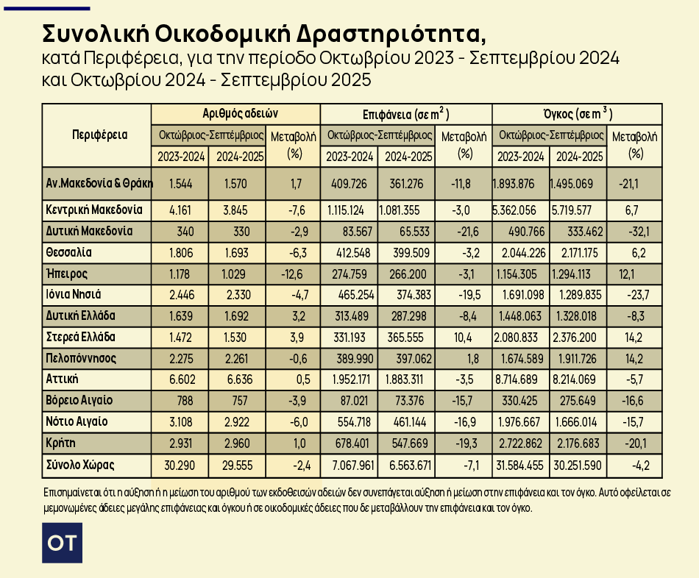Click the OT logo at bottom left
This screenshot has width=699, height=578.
click(x=62, y=543)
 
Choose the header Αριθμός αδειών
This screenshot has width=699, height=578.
click(x=236, y=114)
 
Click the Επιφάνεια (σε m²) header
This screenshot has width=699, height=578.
click(x=405, y=114)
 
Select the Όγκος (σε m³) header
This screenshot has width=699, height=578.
click(x=577, y=114)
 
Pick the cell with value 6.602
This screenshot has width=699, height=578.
click(x=180, y=380)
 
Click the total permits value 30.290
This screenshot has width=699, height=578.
click(x=180, y=465)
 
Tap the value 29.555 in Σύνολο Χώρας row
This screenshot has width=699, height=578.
click(x=237, y=465)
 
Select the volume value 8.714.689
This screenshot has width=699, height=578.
click(x=521, y=380)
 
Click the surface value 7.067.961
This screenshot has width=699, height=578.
click(x=349, y=465)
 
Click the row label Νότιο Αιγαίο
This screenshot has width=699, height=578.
click(x=77, y=422)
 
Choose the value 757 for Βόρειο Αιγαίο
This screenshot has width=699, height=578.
click(x=237, y=402)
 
